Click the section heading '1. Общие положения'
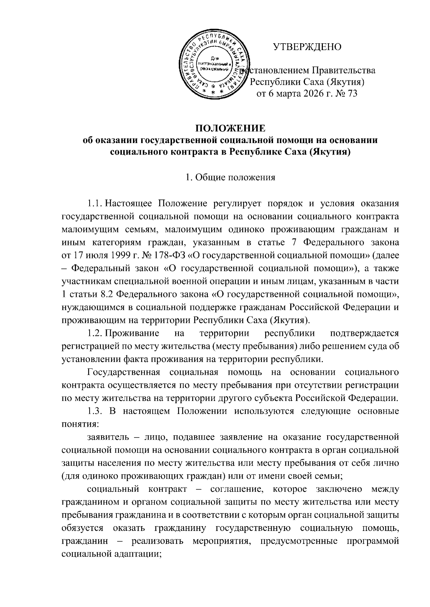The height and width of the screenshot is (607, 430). pyautogui.click(x=230, y=177)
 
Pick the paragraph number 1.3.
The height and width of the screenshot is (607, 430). pyautogui.click(x=95, y=411)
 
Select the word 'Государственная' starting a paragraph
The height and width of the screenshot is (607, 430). pyautogui.click(x=123, y=372)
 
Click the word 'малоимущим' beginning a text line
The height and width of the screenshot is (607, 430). pyautogui.click(x=87, y=230)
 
